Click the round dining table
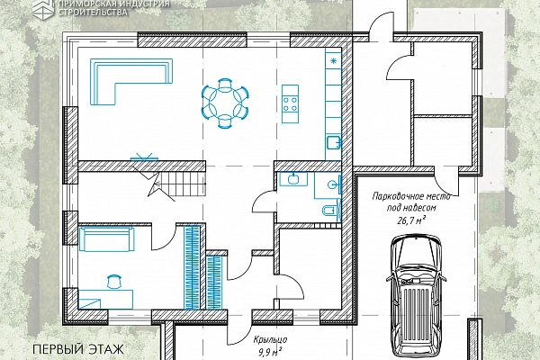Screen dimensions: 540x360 click(224, 103)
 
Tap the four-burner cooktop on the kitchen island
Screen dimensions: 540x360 click(290, 104)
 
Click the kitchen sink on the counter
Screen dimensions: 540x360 click(333, 142)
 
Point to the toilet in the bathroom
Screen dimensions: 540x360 click(330, 210)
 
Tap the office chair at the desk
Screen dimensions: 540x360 click(114, 281)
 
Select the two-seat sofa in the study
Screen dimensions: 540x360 click(106, 239)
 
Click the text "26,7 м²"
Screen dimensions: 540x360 click(411, 220)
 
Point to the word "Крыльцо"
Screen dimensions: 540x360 click(270, 339)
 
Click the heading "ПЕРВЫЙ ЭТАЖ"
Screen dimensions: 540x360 click(78, 349)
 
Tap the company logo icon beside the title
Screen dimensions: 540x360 click(42, 7)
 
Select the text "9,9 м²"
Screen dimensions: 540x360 click(270, 351)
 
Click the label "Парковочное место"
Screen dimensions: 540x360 click(411, 197)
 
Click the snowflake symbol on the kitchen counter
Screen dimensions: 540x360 click(333, 61)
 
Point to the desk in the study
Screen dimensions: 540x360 click(105, 300)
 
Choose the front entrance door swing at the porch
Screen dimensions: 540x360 click(239, 329)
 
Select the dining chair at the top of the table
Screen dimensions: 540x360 click(224, 84)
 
